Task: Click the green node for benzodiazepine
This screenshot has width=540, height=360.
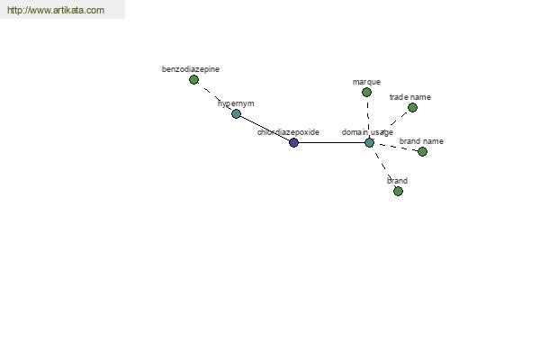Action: point(193,80)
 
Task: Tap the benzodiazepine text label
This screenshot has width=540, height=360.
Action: point(191,69)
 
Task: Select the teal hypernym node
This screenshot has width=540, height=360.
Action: point(236,113)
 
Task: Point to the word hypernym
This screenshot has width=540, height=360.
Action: point(236,103)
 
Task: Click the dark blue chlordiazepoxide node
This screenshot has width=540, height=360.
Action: point(293,142)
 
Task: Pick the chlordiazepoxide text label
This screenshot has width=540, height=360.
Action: point(288,132)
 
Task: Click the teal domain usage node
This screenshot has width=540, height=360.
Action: point(369,142)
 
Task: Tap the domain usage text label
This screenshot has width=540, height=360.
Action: point(367,132)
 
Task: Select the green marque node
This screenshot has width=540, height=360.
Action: point(366,93)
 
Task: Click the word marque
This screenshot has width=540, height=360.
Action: point(366,82)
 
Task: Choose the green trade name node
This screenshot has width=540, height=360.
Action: point(412,108)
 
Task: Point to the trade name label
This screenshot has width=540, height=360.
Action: point(410,97)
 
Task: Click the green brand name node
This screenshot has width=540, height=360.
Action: point(422,151)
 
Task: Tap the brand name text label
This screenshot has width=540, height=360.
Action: point(421,141)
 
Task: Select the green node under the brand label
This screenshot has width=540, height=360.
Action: point(398,191)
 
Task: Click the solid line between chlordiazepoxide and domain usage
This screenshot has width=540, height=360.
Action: point(331,142)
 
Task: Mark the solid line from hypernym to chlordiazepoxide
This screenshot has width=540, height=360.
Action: point(265,128)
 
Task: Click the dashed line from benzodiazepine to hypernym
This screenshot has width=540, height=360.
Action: point(215,97)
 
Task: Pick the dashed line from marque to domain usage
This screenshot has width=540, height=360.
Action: point(368,118)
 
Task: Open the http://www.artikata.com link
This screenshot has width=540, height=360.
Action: point(56,10)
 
